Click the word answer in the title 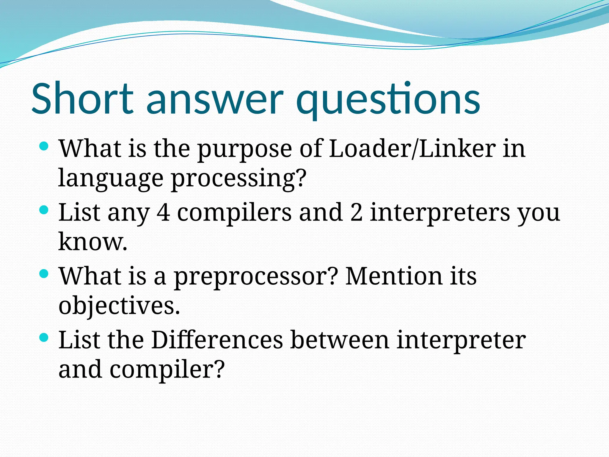point(214,100)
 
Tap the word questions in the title point(388,100)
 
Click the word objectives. point(119,306)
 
